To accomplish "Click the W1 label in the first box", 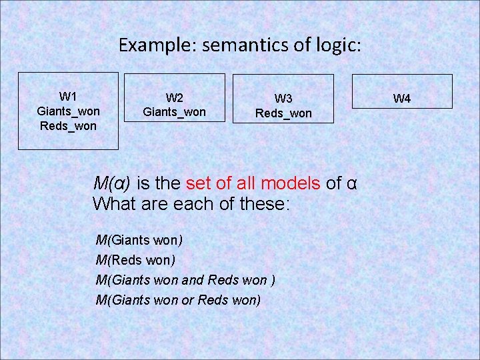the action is pos(68,96).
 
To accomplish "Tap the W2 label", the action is pos(175,98).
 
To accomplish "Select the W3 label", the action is pos(283,99).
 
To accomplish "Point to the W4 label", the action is pos(402,99).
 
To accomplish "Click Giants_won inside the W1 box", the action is pos(68,111).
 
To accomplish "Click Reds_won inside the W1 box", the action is pos(68,125).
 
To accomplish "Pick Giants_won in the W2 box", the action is pos(175,112).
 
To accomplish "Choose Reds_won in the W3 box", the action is pos(283,113).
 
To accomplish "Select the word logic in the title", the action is pos(339,45).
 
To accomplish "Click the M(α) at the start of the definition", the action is pos(112,182).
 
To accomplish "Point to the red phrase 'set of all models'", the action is pos(254,182).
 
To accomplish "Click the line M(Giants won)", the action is pos(139,239).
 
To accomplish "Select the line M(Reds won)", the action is pos(135,259).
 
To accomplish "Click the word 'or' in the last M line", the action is pos(187,300).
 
